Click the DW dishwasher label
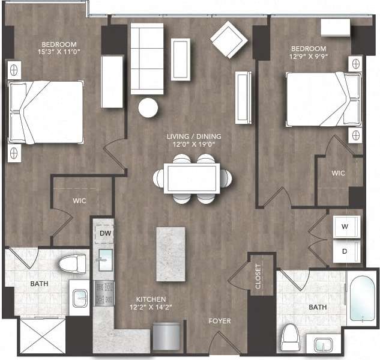105,233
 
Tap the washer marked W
345,227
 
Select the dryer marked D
345,251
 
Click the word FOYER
219,321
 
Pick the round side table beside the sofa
148,108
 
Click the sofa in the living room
146,58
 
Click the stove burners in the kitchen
104,293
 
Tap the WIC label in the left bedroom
80,201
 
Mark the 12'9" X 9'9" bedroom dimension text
309,58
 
